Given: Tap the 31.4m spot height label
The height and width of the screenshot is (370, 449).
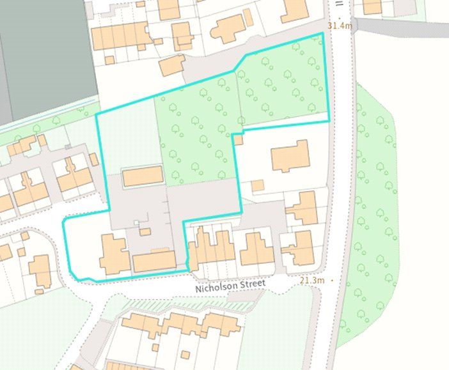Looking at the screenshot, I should (x=339, y=26).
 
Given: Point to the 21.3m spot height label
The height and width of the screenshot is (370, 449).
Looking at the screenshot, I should (x=312, y=281).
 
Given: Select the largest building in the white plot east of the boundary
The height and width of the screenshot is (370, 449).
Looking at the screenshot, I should (x=290, y=156).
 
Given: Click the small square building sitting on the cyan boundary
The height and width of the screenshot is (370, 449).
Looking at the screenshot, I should (x=238, y=139).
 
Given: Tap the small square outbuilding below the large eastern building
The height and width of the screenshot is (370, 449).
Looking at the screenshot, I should (x=257, y=186).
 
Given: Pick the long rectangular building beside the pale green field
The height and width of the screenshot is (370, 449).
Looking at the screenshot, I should (x=143, y=176).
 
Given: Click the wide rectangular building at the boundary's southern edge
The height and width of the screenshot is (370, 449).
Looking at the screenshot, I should (x=154, y=261).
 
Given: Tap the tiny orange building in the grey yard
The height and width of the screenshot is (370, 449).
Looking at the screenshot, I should (x=145, y=231).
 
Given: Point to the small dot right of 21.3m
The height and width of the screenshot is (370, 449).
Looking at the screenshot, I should (x=333, y=281).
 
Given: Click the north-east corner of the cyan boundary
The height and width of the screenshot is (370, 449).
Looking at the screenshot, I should (x=321, y=33).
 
